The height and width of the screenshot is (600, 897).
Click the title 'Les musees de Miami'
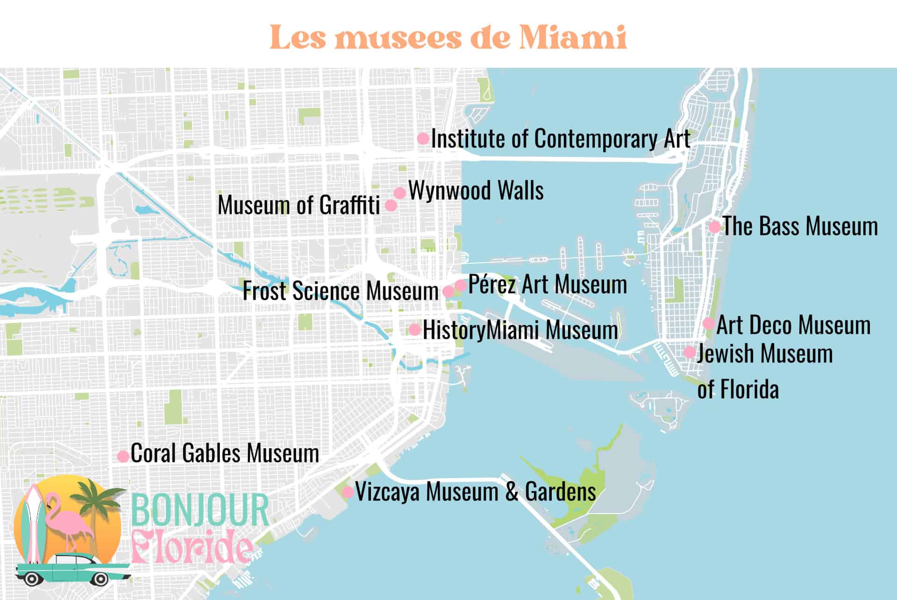point(448,37)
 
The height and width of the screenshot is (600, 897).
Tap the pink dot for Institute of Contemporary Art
point(423,138)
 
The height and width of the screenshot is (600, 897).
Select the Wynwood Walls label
point(476,191)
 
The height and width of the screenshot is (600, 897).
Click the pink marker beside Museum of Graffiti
point(391,205)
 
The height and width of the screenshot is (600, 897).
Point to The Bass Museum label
point(800,226)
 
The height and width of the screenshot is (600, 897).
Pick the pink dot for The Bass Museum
point(714,227)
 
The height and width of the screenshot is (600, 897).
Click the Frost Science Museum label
point(340,291)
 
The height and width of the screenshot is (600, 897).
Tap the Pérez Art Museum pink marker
point(461,285)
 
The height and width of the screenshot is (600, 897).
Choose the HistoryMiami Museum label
point(520,330)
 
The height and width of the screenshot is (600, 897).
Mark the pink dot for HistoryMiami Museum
point(414,329)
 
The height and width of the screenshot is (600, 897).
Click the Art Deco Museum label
point(793,325)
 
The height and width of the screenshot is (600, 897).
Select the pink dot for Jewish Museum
point(690,352)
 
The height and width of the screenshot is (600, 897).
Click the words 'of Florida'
point(738,389)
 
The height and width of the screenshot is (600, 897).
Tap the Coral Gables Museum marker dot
point(123,456)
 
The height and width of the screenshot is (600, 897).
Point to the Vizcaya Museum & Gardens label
point(475,492)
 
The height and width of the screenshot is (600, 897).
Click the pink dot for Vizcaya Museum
point(348,492)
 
